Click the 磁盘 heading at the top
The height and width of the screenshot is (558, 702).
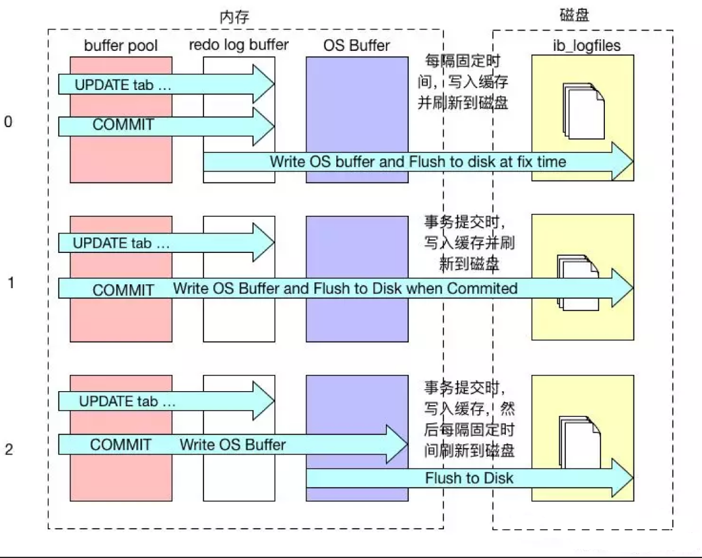[574, 15]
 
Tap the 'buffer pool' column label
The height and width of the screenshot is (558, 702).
[121, 46]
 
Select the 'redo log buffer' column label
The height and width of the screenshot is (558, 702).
[239, 46]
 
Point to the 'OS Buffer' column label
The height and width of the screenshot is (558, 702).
[356, 46]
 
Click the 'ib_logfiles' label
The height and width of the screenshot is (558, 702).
[583, 46]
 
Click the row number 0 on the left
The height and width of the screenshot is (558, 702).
[8, 122]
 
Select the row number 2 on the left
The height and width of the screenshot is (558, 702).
[8, 448]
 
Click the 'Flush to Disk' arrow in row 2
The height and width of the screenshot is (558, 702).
[469, 478]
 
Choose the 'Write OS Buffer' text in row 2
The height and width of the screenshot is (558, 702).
[233, 445]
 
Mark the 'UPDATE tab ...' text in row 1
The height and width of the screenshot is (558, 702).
[121, 244]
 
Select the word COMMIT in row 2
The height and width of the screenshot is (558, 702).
[121, 445]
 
